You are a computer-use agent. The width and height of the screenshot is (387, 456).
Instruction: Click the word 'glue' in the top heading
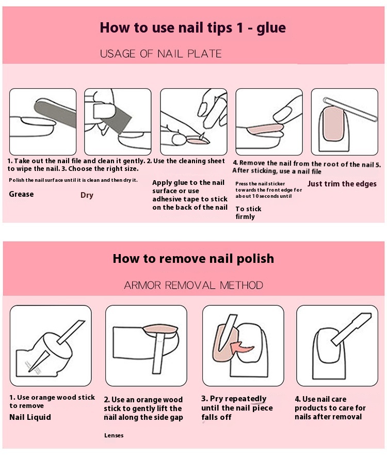click(271, 28)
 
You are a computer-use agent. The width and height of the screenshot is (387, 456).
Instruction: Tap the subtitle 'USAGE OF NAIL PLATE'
click(160, 54)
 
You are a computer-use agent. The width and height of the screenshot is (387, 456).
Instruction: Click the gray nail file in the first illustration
click(55, 112)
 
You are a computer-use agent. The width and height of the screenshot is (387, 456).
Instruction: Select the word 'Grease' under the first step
click(21, 194)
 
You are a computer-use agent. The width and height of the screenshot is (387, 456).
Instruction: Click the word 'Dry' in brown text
click(87, 195)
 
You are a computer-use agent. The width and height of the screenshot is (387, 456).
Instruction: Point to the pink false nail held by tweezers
click(198, 141)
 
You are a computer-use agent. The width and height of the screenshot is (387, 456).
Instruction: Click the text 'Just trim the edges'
click(342, 184)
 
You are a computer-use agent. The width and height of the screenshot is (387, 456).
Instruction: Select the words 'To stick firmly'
click(248, 213)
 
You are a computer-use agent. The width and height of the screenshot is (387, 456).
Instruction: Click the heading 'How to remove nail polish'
click(193, 259)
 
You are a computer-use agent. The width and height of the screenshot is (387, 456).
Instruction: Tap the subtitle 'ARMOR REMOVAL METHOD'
click(193, 285)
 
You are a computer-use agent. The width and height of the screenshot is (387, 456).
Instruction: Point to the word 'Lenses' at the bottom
click(114, 435)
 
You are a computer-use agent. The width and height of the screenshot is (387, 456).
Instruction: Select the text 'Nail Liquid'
click(30, 417)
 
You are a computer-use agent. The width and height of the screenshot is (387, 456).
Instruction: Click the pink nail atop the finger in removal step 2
click(160, 328)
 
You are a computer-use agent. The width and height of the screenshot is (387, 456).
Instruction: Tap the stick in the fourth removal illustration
click(351, 329)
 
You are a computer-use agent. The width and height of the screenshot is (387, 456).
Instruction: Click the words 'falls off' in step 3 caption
click(216, 417)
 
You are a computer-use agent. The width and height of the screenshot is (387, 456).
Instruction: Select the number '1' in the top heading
click(239, 28)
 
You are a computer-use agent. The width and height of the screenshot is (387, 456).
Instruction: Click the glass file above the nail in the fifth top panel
click(350, 109)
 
